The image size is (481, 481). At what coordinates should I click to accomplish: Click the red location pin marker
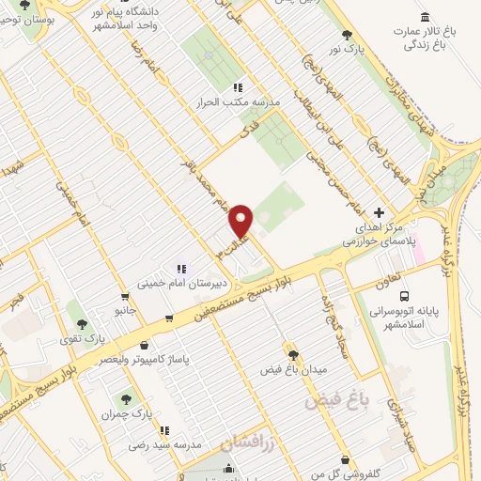tap(241, 221)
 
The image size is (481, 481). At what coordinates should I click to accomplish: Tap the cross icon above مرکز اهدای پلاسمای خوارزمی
tap(379, 212)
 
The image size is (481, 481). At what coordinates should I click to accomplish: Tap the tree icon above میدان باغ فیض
tap(293, 354)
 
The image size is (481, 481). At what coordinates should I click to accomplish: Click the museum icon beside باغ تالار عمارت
tap(427, 18)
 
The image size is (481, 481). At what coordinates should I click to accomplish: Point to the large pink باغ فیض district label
tap(334, 400)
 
